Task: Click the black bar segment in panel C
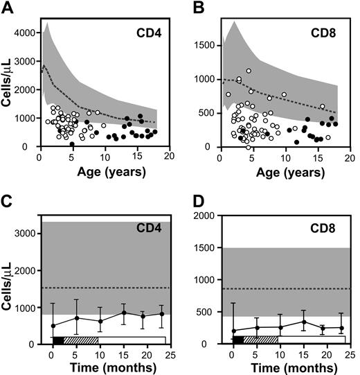tap(57, 340)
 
